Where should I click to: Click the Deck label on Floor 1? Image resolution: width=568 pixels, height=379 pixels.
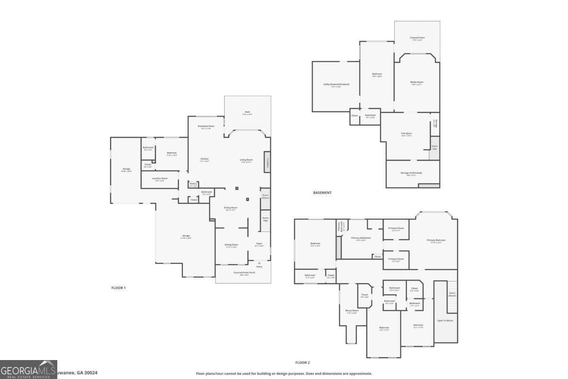coord(247,113)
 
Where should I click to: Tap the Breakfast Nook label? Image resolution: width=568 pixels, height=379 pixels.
coord(206,126)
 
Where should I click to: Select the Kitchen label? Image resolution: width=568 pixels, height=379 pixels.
coord(204,159)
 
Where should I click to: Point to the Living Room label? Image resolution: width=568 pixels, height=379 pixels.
coord(246,160)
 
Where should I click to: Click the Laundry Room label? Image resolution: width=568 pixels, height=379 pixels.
coord(160,179)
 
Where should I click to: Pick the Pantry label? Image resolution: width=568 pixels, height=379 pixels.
coord(193,184)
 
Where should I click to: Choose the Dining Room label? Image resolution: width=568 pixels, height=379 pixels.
coord(231,208)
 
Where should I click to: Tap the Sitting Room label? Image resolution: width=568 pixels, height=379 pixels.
coord(231,245)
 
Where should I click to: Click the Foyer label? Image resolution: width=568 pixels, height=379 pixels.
coord(259,245)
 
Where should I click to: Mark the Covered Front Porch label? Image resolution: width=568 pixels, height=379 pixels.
coord(244,273)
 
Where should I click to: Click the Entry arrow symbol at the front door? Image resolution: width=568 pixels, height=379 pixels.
coord(259,262)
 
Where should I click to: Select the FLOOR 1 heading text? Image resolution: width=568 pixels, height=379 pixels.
coord(118,288)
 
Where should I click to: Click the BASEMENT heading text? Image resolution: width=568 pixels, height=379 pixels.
coord(322,193)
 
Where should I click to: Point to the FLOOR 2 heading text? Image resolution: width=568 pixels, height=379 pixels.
coord(302,362)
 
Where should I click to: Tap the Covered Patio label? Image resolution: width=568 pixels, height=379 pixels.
coord(417,38)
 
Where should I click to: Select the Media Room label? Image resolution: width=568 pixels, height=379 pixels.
coord(417,82)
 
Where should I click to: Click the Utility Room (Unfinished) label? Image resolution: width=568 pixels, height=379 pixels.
coord(336,85)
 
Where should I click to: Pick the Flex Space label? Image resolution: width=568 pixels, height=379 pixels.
coord(406,134)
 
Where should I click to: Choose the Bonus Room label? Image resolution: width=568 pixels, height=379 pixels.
coord(352,311)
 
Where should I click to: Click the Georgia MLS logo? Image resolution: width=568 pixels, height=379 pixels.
coord(28,370)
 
